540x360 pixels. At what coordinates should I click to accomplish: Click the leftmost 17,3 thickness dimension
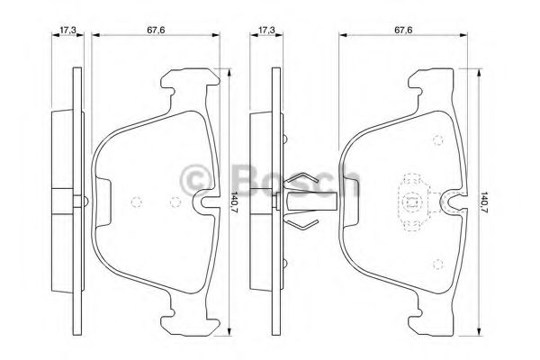66,30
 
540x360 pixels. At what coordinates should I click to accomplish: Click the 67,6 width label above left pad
155,30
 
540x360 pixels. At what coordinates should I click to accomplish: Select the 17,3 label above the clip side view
265,30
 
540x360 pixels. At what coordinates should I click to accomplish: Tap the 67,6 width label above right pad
403,30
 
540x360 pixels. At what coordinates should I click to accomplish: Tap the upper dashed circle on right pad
437,139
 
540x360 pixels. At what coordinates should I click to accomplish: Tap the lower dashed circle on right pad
437,263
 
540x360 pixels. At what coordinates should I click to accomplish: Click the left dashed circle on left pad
136,202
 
